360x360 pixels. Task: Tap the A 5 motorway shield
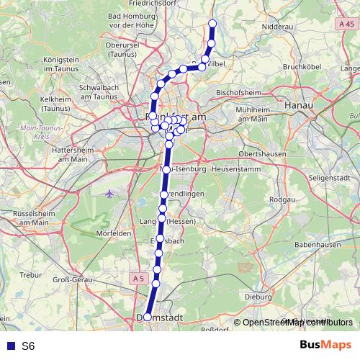138,277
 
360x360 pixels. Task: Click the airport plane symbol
109,193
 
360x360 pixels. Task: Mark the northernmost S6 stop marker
212,23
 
